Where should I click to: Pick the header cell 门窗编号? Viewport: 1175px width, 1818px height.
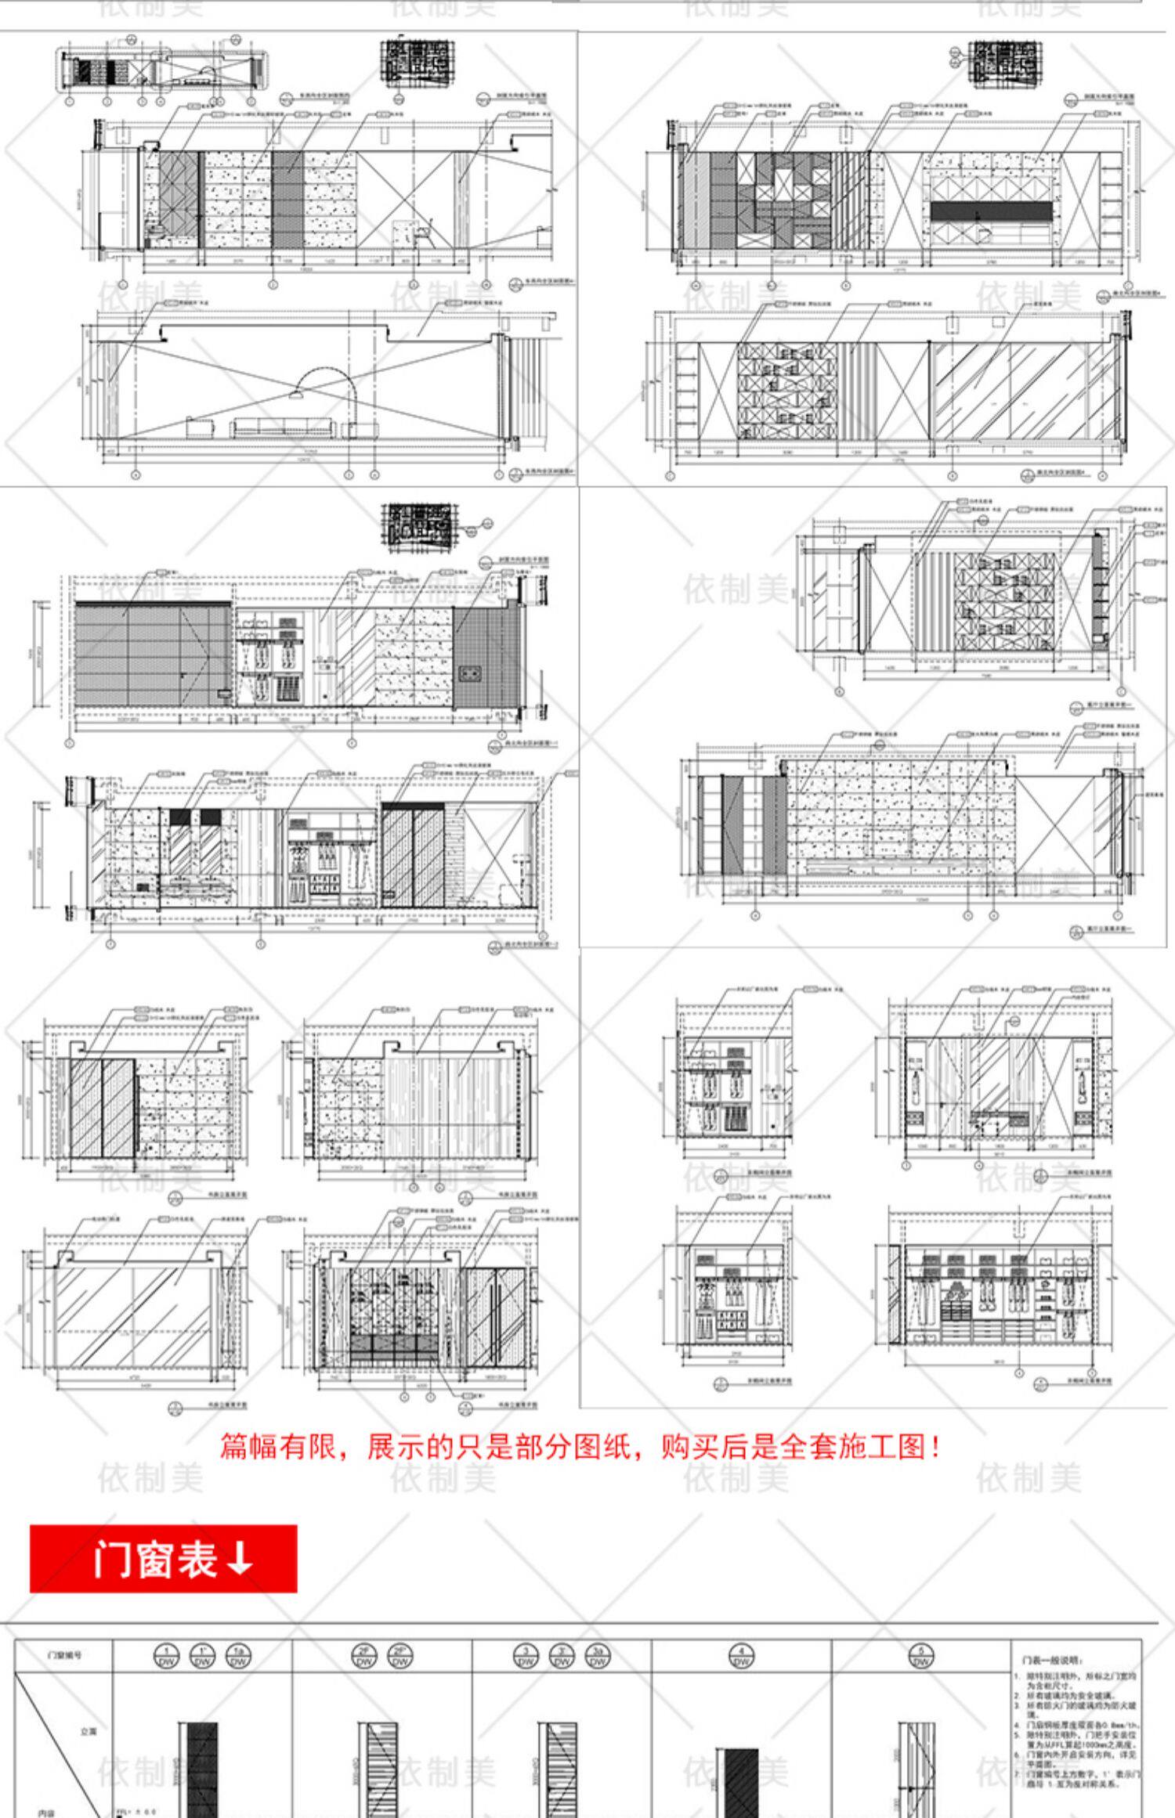click(x=64, y=1655)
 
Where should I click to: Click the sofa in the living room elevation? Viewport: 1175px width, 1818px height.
click(x=281, y=428)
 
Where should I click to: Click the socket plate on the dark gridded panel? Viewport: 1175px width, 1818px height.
click(x=472, y=671)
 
